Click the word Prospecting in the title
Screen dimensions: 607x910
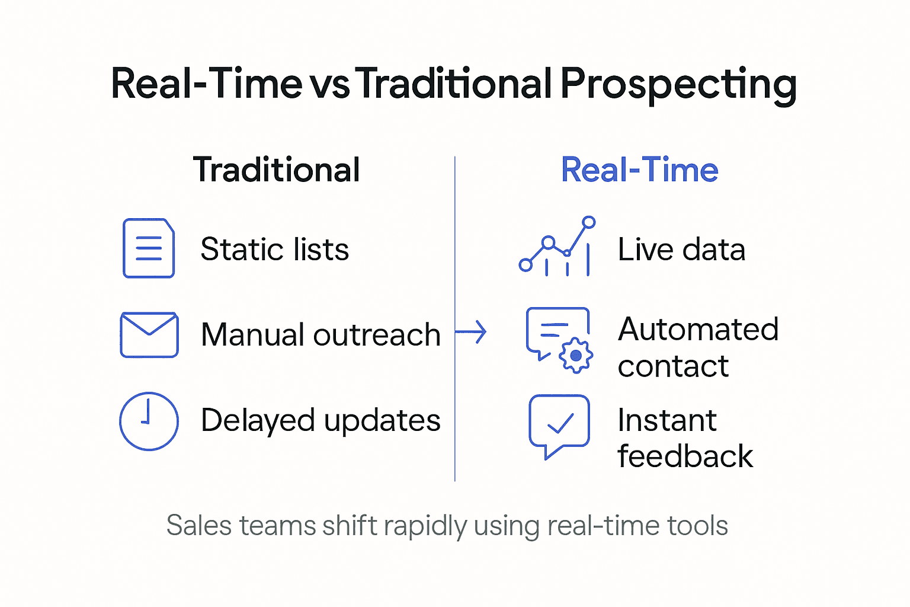678,84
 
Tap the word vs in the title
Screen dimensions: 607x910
329,84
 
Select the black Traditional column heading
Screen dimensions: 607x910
276,170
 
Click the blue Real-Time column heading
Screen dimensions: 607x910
639,170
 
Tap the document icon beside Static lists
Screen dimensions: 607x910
149,248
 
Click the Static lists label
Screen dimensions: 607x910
274,249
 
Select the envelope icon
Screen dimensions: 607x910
149,335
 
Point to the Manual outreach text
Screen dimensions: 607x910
321,335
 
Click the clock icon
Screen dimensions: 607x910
149,421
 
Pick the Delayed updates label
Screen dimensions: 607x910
321,421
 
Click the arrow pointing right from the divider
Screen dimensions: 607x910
473,332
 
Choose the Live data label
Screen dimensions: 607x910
681,249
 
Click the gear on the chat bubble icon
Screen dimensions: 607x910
575,356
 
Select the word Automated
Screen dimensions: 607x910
698,330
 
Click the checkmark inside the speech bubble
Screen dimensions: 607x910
560,423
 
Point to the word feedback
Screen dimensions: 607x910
685,456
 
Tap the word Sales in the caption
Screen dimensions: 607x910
199,526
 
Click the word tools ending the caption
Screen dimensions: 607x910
697,526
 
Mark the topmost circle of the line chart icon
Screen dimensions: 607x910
588,222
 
